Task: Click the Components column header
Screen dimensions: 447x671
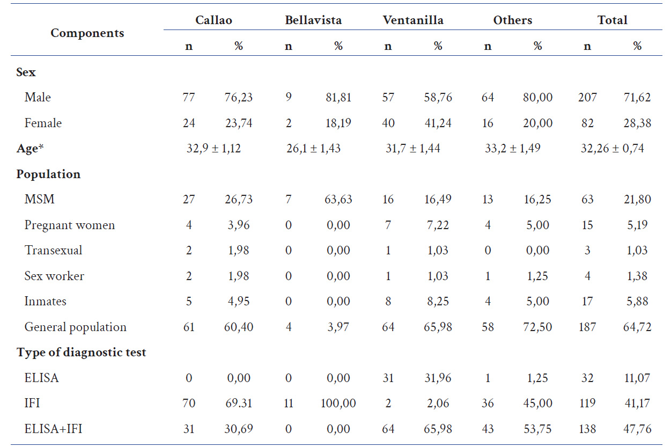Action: (x=87, y=33)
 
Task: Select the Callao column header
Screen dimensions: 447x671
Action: (x=213, y=20)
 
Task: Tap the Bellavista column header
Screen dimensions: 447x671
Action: (x=313, y=20)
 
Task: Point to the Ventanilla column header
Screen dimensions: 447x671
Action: (x=413, y=20)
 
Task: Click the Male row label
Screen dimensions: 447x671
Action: (x=38, y=98)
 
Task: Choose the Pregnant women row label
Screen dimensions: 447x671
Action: (x=69, y=225)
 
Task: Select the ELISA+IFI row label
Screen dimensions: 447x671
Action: (x=53, y=429)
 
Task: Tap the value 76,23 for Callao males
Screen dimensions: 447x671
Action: (x=238, y=98)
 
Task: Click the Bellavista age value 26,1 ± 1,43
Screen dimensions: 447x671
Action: (x=313, y=149)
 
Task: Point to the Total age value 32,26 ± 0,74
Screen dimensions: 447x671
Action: (x=612, y=149)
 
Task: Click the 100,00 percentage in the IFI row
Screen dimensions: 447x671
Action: (x=338, y=404)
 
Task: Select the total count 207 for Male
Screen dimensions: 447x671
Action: (x=587, y=98)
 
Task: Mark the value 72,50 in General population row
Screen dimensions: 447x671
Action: (x=537, y=327)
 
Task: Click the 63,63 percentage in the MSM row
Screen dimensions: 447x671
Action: (x=338, y=200)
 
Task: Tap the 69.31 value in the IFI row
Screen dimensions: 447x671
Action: (x=238, y=404)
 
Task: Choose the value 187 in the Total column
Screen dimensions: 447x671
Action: (x=587, y=327)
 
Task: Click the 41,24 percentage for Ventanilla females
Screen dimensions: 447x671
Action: (x=438, y=123)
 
